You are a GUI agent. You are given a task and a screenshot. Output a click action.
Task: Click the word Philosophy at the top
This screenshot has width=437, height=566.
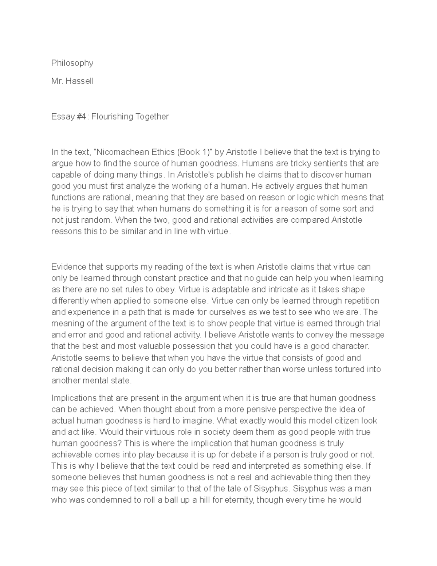tap(72, 63)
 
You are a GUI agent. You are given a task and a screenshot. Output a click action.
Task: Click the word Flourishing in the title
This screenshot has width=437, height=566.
tap(112, 117)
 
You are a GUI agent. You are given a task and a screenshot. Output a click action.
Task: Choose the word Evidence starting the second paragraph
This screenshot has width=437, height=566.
tap(68, 267)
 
